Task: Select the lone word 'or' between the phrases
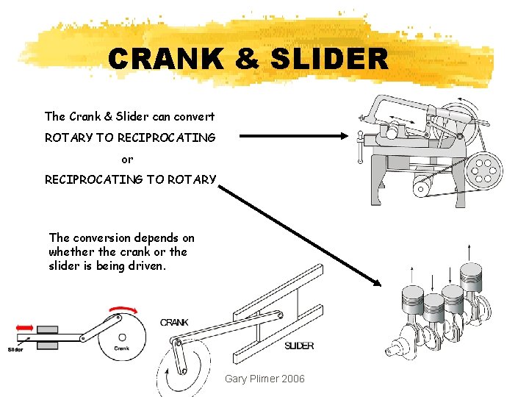tap(127, 159)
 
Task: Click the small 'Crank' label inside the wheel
tap(121, 348)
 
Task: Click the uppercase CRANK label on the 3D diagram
tap(174, 322)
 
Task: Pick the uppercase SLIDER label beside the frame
tap(299, 346)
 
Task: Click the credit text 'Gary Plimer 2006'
tap(264, 378)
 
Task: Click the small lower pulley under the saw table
tap(421, 189)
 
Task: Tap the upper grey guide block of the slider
tap(47, 329)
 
